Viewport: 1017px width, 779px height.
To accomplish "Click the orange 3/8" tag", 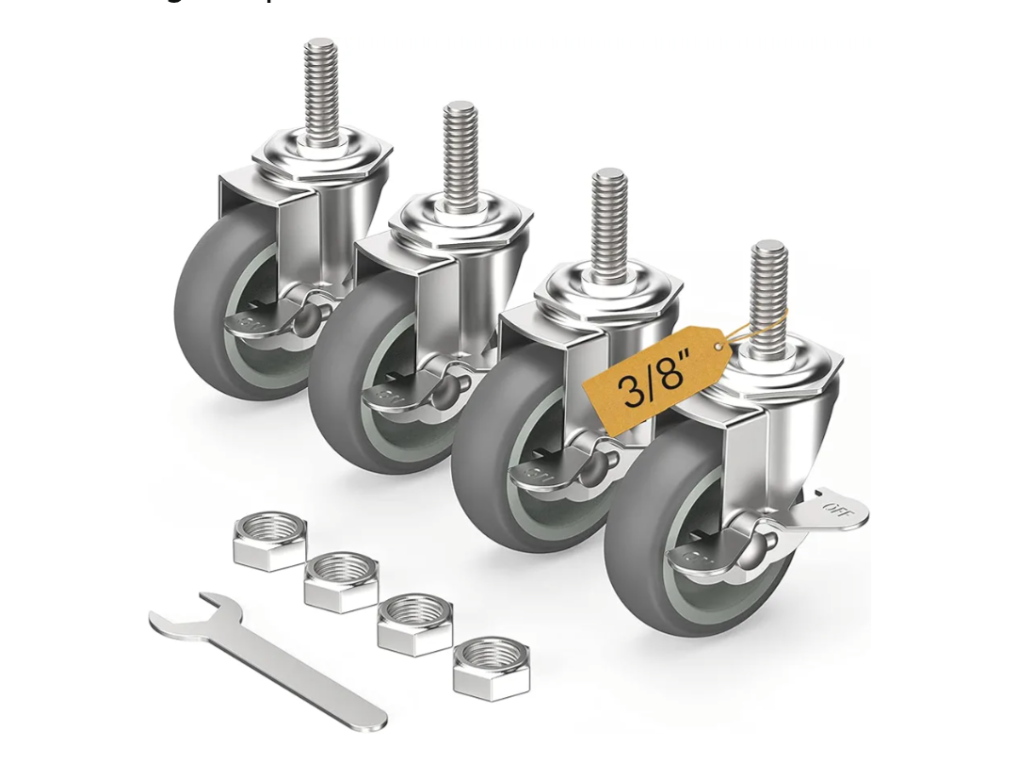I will (656, 378).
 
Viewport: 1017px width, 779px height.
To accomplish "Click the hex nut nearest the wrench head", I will (270, 540).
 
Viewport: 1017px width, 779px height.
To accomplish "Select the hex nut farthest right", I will (491, 668).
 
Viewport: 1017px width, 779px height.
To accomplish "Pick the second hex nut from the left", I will (341, 581).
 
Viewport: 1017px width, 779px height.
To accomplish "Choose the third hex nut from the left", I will (414, 624).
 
